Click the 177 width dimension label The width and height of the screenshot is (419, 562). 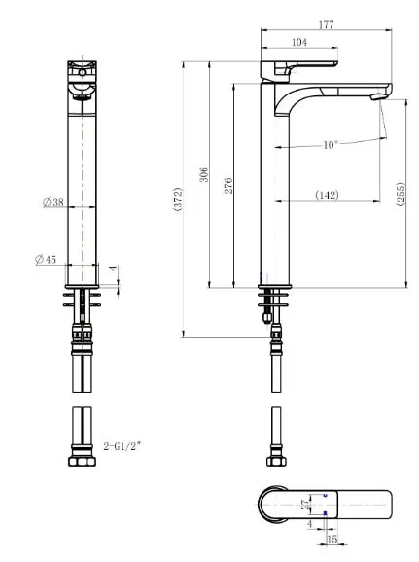[x=326, y=24]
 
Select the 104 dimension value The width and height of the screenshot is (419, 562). [x=299, y=42]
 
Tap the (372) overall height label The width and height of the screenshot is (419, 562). [x=178, y=199]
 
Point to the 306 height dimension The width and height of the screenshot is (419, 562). [x=203, y=174]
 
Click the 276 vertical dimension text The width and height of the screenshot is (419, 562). [x=228, y=186]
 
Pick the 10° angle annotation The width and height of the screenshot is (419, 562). [x=331, y=145]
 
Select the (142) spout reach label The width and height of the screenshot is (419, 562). [x=327, y=195]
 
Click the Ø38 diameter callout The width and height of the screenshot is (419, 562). [x=53, y=202]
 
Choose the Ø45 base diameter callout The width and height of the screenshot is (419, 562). [x=46, y=259]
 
